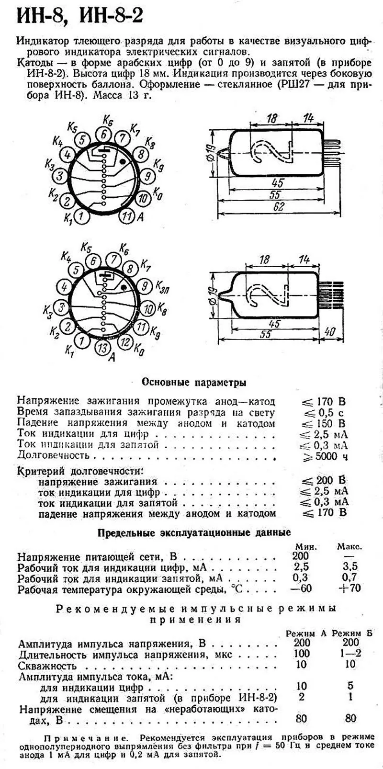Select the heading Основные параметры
tap(194, 383)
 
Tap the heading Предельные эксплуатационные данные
tap(194, 532)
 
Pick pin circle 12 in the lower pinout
tap(126, 342)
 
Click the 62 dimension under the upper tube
tap(279, 206)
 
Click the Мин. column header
tap(304, 546)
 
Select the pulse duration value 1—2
tap(350, 654)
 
